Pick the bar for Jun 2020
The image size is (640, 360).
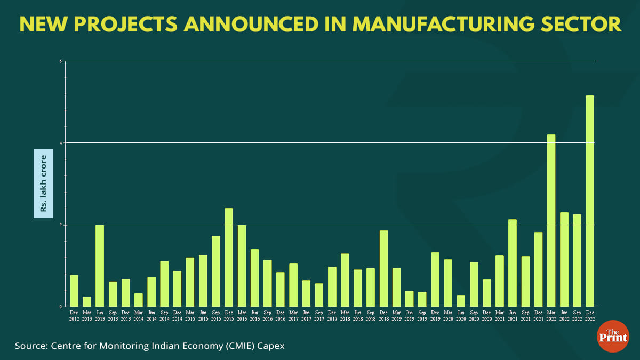click(x=461, y=301)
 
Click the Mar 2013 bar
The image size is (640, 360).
click(x=87, y=301)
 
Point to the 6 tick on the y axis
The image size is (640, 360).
click(x=61, y=61)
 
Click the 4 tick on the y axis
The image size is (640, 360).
click(x=61, y=143)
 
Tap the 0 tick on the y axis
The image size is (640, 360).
click(x=61, y=307)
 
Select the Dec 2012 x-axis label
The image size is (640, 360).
click(x=74, y=315)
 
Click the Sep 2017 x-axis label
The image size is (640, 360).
click(x=319, y=315)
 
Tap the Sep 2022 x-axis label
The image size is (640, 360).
click(x=577, y=315)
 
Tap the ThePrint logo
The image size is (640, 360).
click(x=613, y=336)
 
